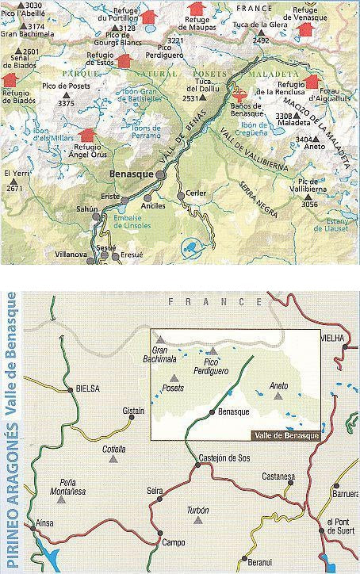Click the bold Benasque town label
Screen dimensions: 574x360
[x=131, y=171]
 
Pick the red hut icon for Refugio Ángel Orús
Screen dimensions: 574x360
[x=86, y=136]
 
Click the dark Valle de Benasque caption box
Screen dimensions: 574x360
[x=285, y=436]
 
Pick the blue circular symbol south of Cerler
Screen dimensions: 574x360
[x=190, y=247]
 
